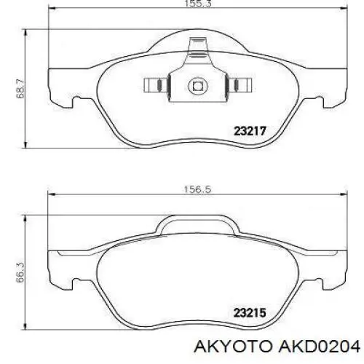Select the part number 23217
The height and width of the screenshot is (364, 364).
point(249,132)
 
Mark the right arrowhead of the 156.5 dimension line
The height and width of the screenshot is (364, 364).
point(342,194)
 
